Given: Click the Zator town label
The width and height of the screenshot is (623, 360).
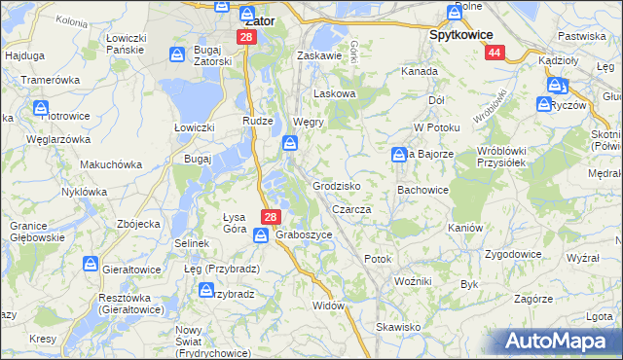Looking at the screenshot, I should click(260, 19).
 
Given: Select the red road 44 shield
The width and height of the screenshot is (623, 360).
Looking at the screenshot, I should click(495, 54).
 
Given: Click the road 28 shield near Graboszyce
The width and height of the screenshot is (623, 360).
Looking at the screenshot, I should click(272, 217).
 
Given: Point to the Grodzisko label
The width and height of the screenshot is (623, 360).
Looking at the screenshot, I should click(337, 185).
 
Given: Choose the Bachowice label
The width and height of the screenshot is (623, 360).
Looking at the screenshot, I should click(421, 190).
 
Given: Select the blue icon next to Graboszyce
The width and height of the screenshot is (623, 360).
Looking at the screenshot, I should click(262, 235).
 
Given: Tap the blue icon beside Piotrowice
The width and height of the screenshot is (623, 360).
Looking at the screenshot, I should click(42, 108).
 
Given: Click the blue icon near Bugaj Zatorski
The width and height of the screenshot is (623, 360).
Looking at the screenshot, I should click(178, 55).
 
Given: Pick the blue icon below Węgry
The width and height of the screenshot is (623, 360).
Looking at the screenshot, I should click(290, 145).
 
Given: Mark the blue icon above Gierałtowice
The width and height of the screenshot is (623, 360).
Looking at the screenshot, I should click(91, 265).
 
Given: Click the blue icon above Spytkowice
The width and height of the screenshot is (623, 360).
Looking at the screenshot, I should click(455, 13).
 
